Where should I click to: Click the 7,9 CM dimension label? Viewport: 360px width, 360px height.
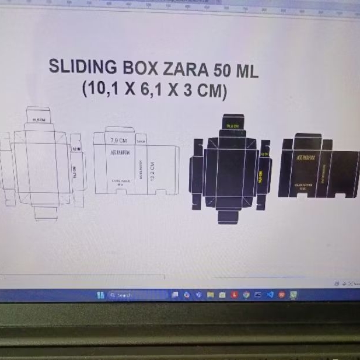coord(118,140)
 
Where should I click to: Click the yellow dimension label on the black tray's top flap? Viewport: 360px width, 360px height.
coord(233,126)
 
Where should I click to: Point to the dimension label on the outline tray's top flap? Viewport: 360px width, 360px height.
coord(39,120)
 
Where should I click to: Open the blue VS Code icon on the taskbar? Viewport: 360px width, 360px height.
coord(270,295)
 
